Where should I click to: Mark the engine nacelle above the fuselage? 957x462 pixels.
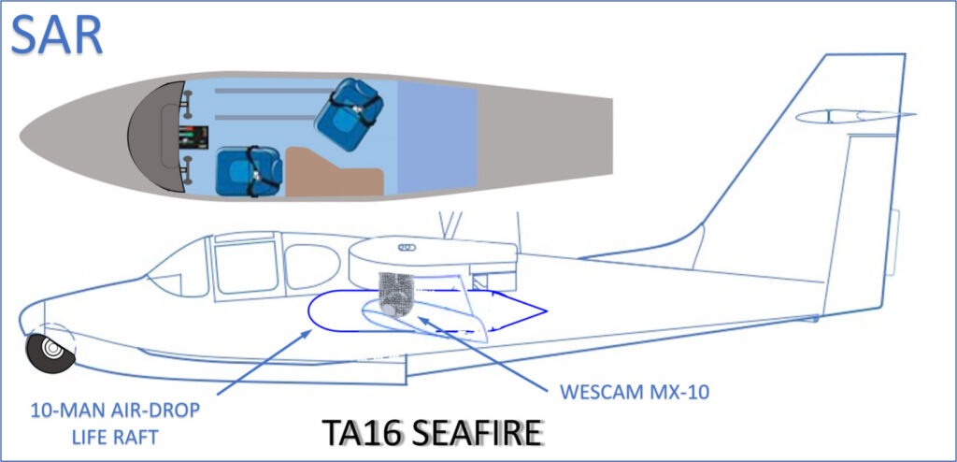430,257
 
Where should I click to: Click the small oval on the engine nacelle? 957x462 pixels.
407,248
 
